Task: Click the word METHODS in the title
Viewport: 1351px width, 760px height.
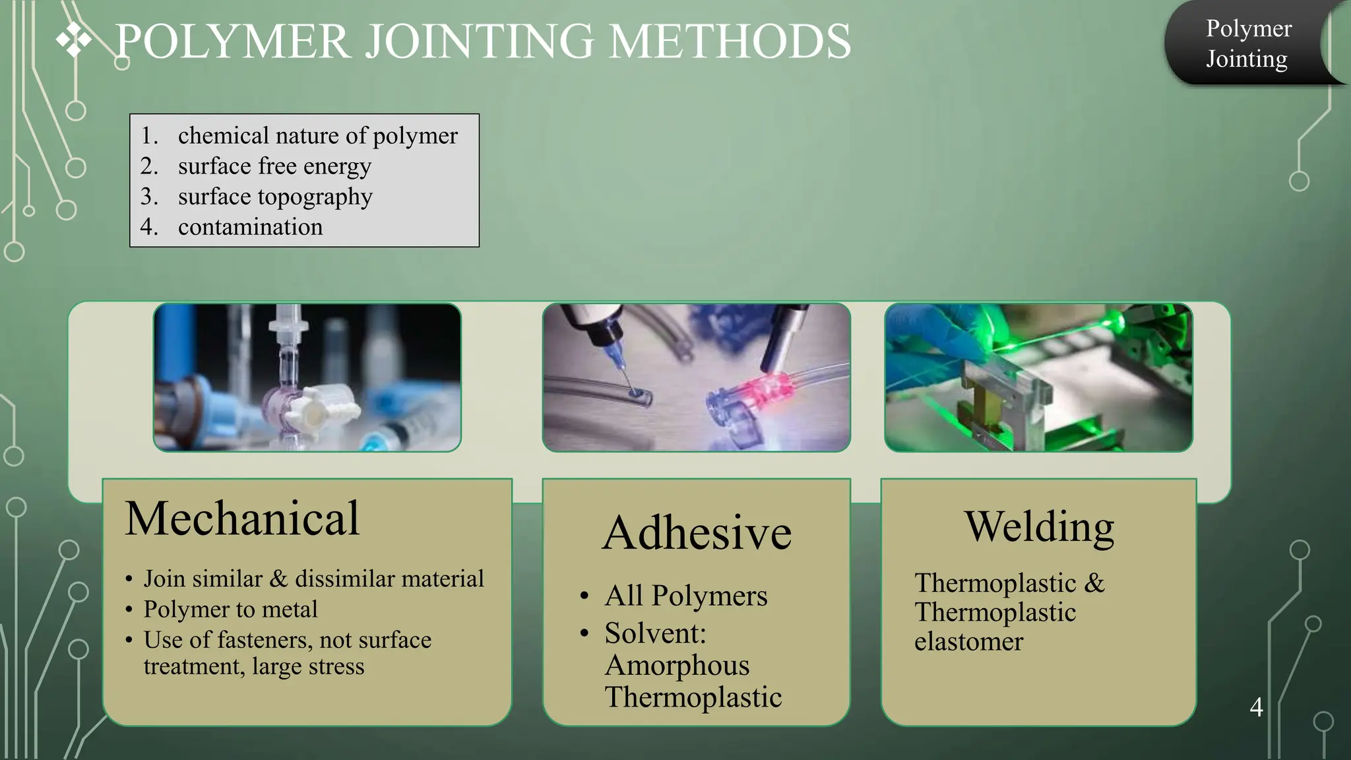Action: [x=729, y=42]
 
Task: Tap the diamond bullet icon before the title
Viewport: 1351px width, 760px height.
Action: [x=73, y=40]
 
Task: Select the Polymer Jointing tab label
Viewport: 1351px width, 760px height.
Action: [x=1247, y=44]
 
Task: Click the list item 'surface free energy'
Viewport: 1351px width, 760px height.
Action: [x=274, y=166]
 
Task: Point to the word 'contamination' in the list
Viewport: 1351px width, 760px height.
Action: [x=250, y=227]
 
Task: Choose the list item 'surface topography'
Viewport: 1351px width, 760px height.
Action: [x=275, y=197]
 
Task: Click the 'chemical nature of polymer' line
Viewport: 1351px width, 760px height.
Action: [x=317, y=135]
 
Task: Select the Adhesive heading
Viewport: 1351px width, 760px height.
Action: [x=697, y=532]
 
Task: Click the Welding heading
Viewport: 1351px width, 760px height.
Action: [x=1039, y=526]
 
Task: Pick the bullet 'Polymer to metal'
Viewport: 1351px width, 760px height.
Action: [x=230, y=609]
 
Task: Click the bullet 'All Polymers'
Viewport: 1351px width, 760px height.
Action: [x=686, y=596]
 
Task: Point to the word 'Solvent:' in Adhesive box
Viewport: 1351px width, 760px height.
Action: [x=655, y=633]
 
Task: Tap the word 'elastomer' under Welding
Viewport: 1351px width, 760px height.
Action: [x=968, y=641]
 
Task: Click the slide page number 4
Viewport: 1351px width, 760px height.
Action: [x=1256, y=707]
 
